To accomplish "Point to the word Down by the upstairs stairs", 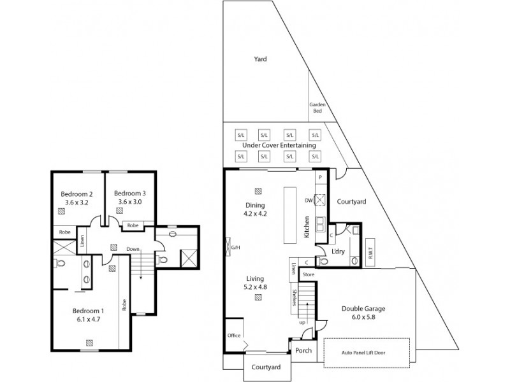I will click(133, 249).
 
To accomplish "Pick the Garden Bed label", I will click(317, 108).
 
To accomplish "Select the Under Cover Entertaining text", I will click(275, 146).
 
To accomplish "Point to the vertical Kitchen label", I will click(307, 227).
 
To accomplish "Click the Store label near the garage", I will click(309, 274).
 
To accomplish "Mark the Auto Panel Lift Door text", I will click(367, 351).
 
